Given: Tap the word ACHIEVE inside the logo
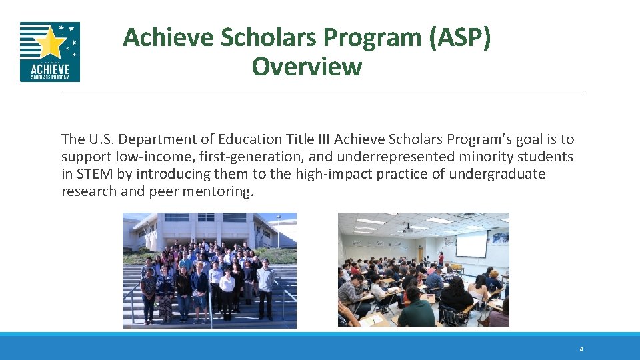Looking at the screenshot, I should (50, 68).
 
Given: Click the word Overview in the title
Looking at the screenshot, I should (307, 67).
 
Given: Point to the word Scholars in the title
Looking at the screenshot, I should (268, 38).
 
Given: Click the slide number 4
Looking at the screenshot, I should (581, 349).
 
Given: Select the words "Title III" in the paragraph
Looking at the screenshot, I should (308, 139).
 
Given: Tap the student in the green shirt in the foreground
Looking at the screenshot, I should (416, 311).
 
